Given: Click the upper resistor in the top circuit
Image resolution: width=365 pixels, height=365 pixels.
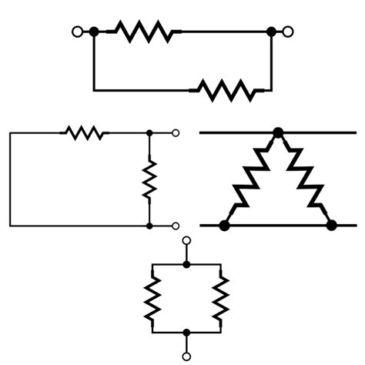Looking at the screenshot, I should click(143, 32).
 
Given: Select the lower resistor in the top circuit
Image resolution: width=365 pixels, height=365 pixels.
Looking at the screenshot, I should click(226, 90).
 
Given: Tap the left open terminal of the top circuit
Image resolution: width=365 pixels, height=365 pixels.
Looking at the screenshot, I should click(76, 32).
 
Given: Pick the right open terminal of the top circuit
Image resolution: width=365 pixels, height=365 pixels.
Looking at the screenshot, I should click(289, 32).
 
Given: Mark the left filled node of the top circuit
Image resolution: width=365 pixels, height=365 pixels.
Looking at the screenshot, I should click(94, 32).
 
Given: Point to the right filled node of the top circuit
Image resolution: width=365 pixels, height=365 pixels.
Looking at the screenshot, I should click(271, 32).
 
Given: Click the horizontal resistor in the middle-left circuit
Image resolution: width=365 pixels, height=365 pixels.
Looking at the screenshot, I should click(85, 133).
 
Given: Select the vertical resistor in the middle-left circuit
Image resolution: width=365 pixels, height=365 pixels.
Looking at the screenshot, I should click(149, 179).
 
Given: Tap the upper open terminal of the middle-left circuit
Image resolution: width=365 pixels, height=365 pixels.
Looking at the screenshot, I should click(176, 133).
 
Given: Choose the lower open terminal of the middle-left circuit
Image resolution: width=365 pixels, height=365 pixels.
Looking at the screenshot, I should click(176, 226).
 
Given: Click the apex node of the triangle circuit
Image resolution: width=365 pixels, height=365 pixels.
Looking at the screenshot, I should click(278, 133).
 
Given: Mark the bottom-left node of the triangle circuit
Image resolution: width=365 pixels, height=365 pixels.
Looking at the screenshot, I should click(224, 226).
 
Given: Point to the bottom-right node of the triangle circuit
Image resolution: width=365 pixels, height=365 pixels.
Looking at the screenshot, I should click(332, 226).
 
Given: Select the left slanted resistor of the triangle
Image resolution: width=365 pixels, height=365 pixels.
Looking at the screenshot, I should click(251, 179).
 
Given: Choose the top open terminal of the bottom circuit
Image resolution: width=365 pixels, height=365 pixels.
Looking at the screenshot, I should click(186, 241).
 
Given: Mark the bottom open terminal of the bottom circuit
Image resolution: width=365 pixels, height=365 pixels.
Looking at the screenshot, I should click(186, 356).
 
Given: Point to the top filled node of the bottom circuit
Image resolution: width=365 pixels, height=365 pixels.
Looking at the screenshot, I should click(186, 263).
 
